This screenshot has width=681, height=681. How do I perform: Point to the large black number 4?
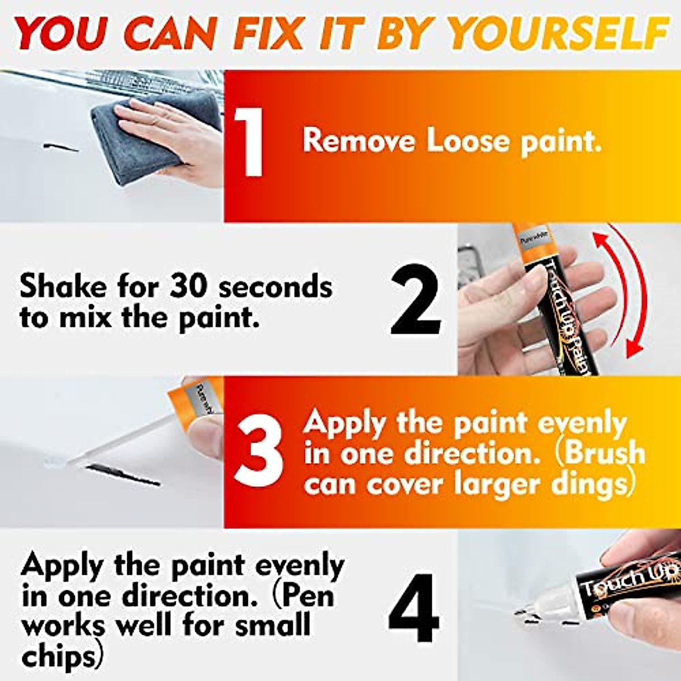(414, 607)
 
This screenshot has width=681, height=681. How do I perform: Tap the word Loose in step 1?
(469, 140)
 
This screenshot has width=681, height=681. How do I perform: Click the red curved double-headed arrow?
(630, 289)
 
